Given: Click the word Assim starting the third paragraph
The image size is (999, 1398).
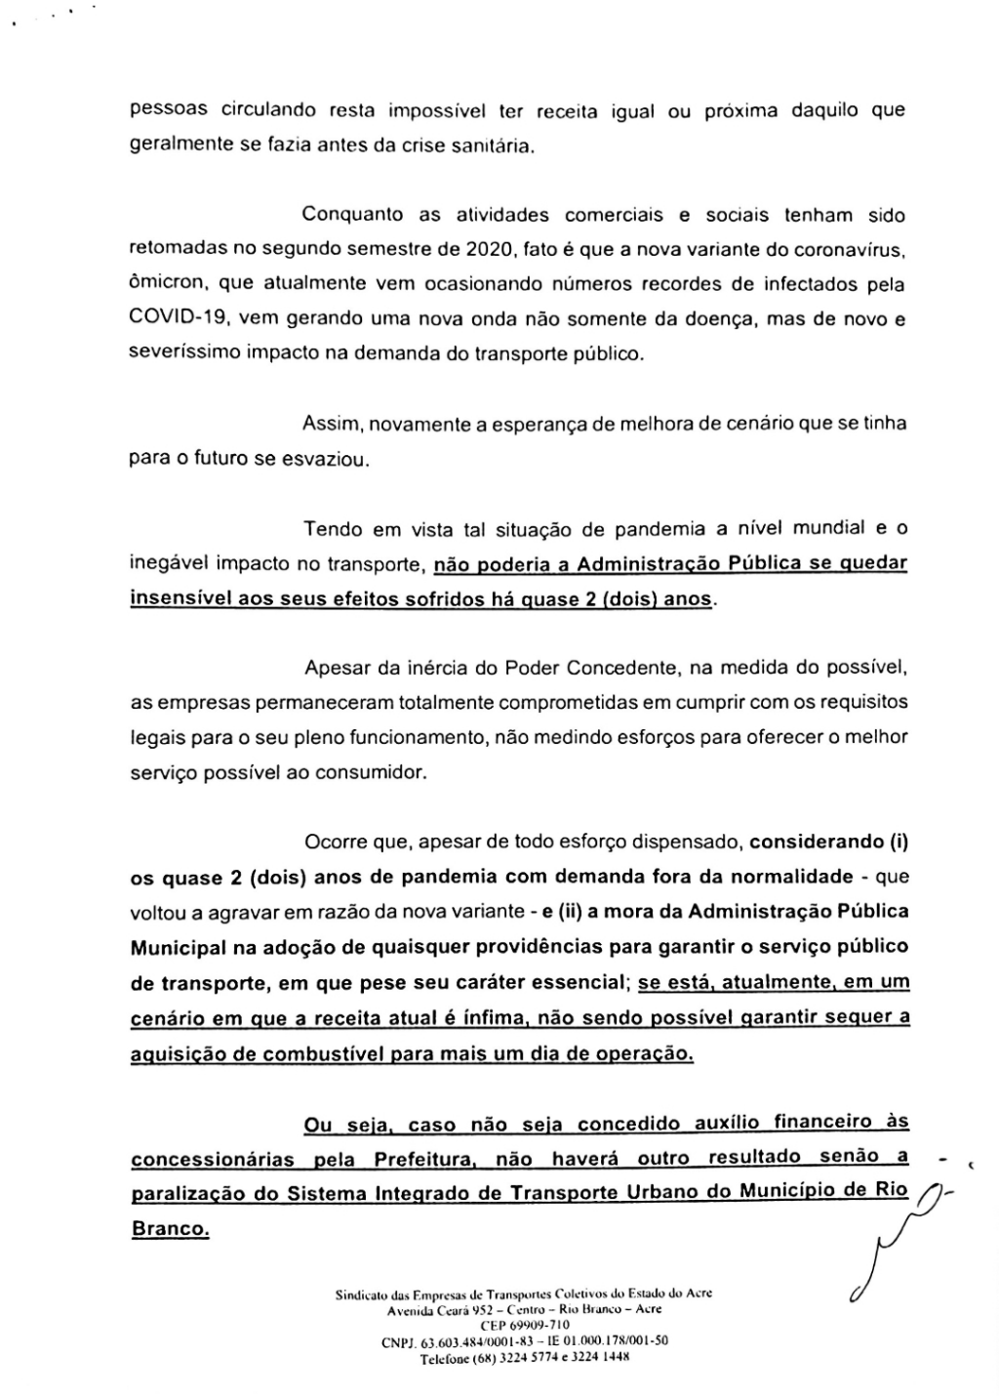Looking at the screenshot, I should [332, 424].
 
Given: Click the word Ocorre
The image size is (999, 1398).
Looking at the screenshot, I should [336, 842].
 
